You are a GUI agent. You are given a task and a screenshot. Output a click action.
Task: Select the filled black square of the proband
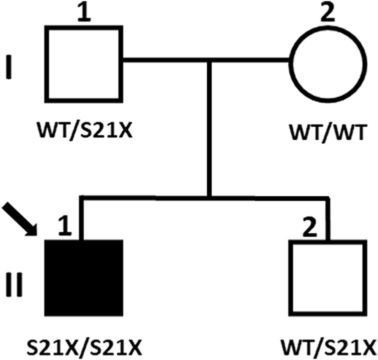pyautogui.click(x=84, y=278)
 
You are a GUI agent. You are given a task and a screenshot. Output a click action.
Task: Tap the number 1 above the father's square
pyautogui.click(x=86, y=14)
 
